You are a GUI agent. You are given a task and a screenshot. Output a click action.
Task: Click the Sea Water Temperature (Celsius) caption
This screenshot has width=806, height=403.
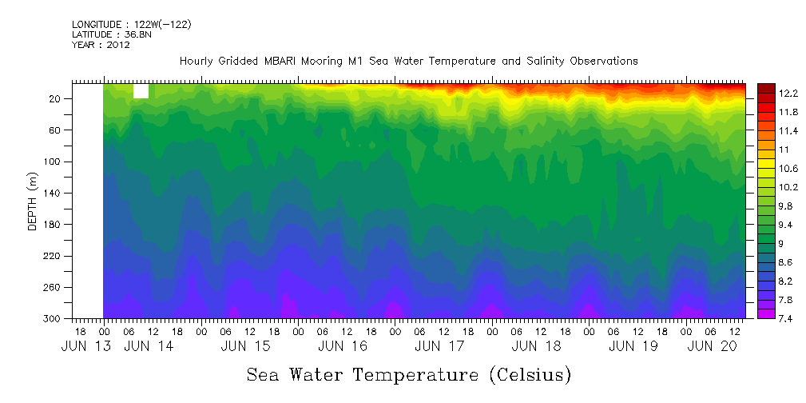coord(408,374)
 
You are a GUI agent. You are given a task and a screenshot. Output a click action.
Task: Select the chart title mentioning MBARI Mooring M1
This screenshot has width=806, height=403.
coord(408,61)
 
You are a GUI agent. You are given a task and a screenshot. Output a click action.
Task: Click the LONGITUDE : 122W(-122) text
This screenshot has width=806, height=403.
coord(131,25)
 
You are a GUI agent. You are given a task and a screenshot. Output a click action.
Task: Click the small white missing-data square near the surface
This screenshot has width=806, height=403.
coord(141,91)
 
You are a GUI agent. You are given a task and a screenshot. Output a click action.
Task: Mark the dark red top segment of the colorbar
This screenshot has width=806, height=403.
coord(766,87)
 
